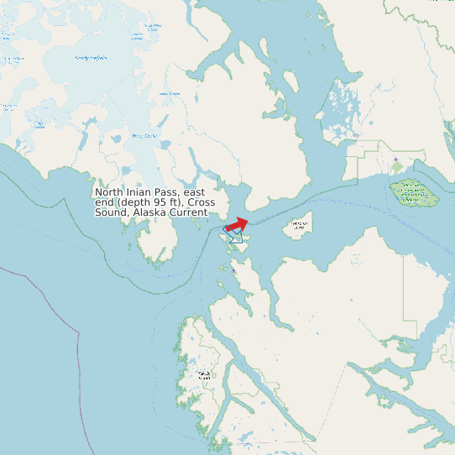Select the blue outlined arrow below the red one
click(236, 238)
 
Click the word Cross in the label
click(202, 202)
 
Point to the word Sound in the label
click(111, 212)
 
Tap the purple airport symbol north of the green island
click(395, 159)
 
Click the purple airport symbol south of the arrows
click(233, 270)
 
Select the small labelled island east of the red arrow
click(298, 225)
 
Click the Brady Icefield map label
click(92, 58)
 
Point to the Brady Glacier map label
click(145, 135)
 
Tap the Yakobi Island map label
click(202, 374)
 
